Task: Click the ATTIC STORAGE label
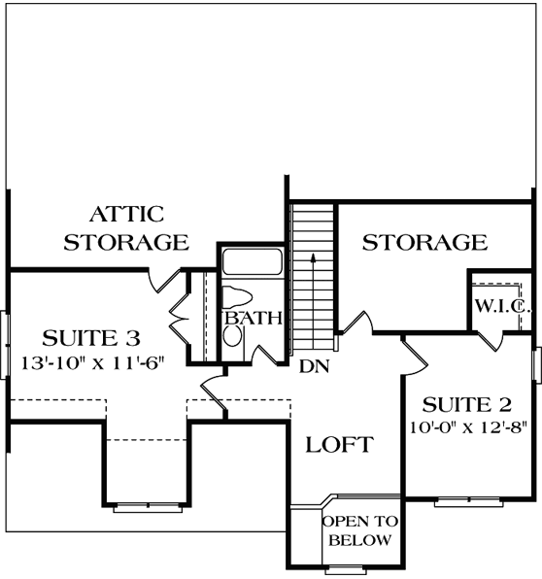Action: click(x=125, y=227)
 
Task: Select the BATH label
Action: click(x=253, y=317)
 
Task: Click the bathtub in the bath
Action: click(x=252, y=263)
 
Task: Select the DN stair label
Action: click(x=311, y=366)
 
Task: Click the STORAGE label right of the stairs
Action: click(x=424, y=242)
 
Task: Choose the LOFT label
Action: click(x=339, y=446)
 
